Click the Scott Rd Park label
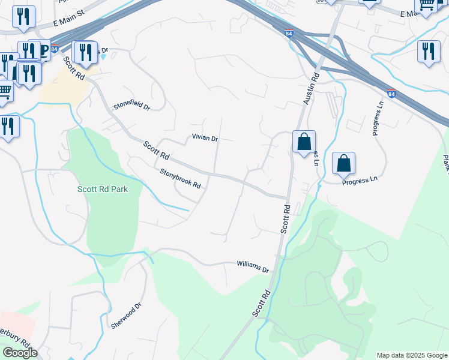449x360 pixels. point(103,189)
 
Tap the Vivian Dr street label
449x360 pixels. point(205,138)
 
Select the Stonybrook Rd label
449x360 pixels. point(180,178)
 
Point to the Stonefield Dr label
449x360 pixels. point(131,104)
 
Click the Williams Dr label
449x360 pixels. point(253,265)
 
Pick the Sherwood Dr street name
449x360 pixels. point(125,316)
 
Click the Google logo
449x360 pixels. point(20,353)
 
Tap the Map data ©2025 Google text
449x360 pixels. point(412,355)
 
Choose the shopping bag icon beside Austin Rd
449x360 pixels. point(304,143)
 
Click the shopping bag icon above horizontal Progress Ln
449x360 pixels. point(343,163)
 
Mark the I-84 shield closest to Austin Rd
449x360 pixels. point(289,34)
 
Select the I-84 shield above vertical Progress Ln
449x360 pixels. point(391,94)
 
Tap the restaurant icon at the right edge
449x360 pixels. point(428,51)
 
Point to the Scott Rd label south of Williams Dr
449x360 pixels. point(262,304)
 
